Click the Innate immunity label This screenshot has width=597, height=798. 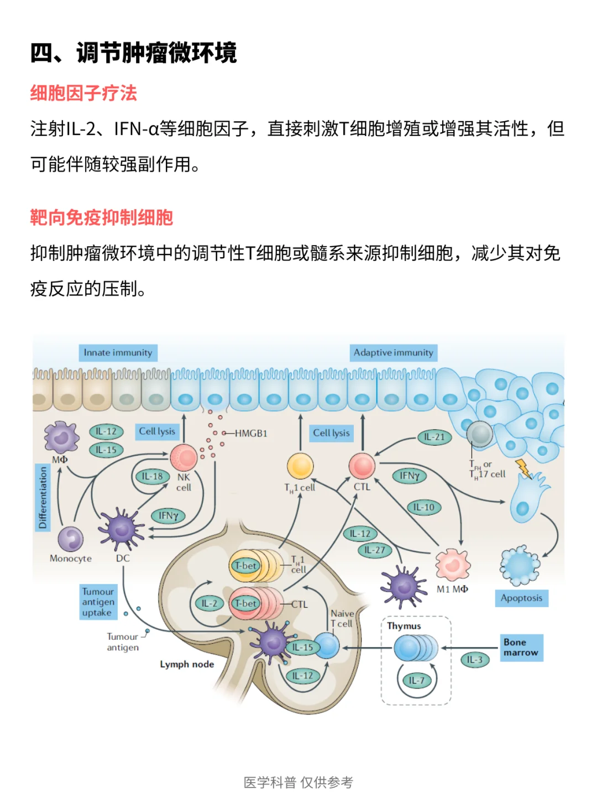point(118,353)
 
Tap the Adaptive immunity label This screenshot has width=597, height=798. point(394,353)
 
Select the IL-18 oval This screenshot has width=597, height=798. point(152,476)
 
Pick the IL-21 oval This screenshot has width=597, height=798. point(434,437)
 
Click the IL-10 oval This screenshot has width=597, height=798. point(423,507)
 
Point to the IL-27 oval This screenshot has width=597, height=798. point(375,550)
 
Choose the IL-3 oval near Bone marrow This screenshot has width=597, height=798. point(474,660)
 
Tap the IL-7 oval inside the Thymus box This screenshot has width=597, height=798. point(416,681)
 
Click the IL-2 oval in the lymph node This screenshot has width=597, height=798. point(210,604)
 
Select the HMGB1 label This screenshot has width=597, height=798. point(251,434)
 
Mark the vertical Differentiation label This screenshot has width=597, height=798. point(43,497)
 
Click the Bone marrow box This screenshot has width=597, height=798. point(521,648)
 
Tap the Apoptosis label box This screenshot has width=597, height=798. point(521,598)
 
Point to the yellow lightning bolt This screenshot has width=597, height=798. point(523,468)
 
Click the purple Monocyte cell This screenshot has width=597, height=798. point(71,540)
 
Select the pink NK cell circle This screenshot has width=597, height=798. point(184,457)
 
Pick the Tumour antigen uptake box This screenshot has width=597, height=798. point(98,602)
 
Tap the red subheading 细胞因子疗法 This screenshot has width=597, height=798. point(83,93)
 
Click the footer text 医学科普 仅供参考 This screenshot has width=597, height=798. point(298,783)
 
